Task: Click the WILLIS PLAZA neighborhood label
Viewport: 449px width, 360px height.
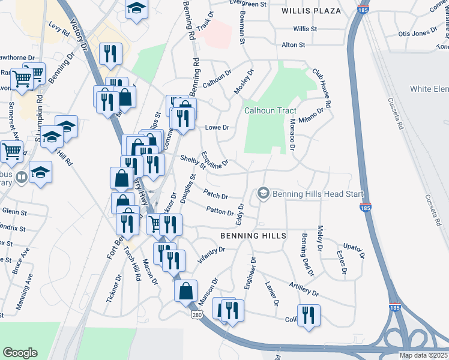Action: tap(312, 11)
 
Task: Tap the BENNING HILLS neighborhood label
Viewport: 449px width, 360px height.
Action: tap(252, 236)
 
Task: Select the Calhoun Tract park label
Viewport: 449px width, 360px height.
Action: tap(268, 110)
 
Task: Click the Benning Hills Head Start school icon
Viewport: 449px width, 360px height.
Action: tap(262, 193)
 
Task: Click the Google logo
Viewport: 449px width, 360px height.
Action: tap(20, 353)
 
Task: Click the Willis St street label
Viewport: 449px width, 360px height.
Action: tap(305, 29)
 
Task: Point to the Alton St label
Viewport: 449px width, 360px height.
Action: tap(294, 45)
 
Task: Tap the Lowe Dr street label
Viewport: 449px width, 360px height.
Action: tap(217, 128)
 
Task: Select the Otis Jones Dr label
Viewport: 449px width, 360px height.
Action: tap(417, 33)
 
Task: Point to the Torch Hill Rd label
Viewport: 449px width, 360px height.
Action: tap(132, 271)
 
